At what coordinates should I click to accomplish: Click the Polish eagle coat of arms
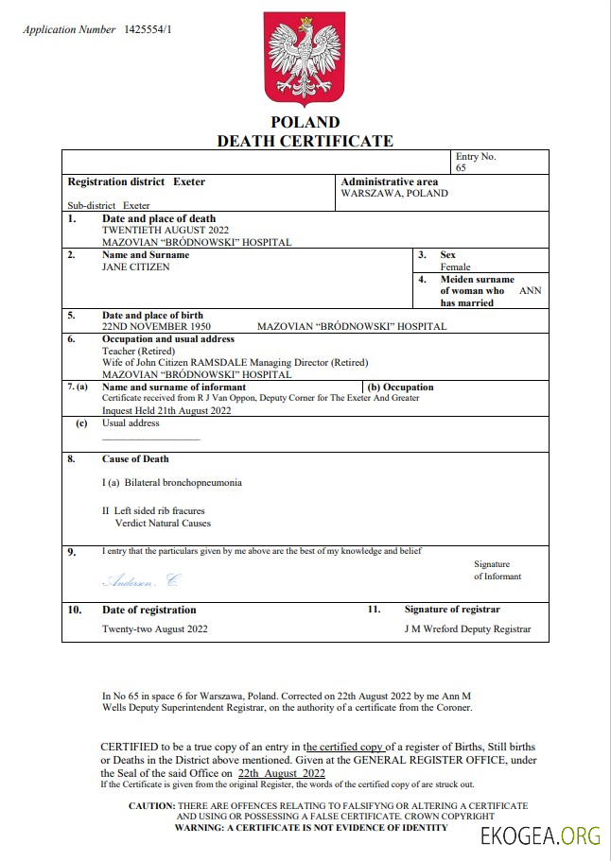click(305, 60)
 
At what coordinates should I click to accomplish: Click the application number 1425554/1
click(148, 30)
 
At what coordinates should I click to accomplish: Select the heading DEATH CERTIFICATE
click(305, 141)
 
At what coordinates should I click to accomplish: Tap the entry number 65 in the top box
click(461, 167)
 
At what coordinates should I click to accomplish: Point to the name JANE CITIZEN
click(136, 267)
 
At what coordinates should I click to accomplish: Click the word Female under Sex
click(455, 267)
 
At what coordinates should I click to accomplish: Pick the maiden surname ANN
click(531, 291)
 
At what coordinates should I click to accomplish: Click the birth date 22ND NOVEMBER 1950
click(156, 327)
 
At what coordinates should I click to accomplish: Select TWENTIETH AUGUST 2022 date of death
click(166, 230)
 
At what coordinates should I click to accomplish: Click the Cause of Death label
click(135, 459)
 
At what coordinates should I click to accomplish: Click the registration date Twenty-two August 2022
click(154, 629)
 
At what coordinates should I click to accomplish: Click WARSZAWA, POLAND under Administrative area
click(394, 194)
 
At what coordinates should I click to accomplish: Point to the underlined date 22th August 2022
click(282, 772)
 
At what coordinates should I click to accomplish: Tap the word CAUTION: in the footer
click(151, 806)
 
